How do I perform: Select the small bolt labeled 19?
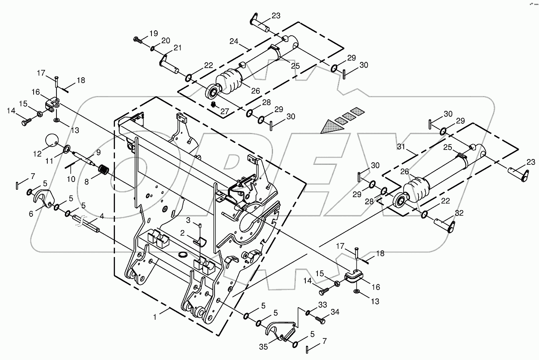click(x=137, y=39)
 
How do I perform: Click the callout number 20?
click(x=166, y=40)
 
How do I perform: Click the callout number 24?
click(x=234, y=41)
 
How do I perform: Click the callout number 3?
click(x=188, y=219)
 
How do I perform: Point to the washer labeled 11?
click(x=66, y=149)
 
